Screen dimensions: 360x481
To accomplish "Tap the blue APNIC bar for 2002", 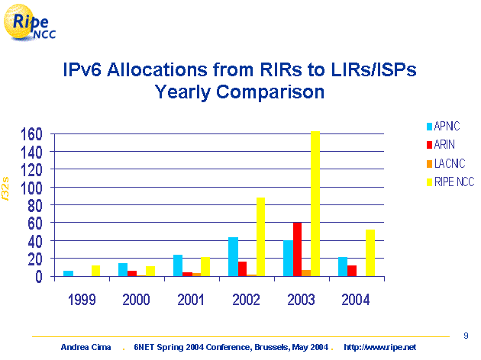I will click(233, 257).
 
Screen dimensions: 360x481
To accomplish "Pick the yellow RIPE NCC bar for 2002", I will click(260, 237).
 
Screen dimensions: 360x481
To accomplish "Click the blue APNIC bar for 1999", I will click(68, 274).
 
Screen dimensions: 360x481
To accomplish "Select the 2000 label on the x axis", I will click(137, 299).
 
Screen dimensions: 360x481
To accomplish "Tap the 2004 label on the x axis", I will click(357, 299).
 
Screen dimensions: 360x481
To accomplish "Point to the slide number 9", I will click(466, 334).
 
